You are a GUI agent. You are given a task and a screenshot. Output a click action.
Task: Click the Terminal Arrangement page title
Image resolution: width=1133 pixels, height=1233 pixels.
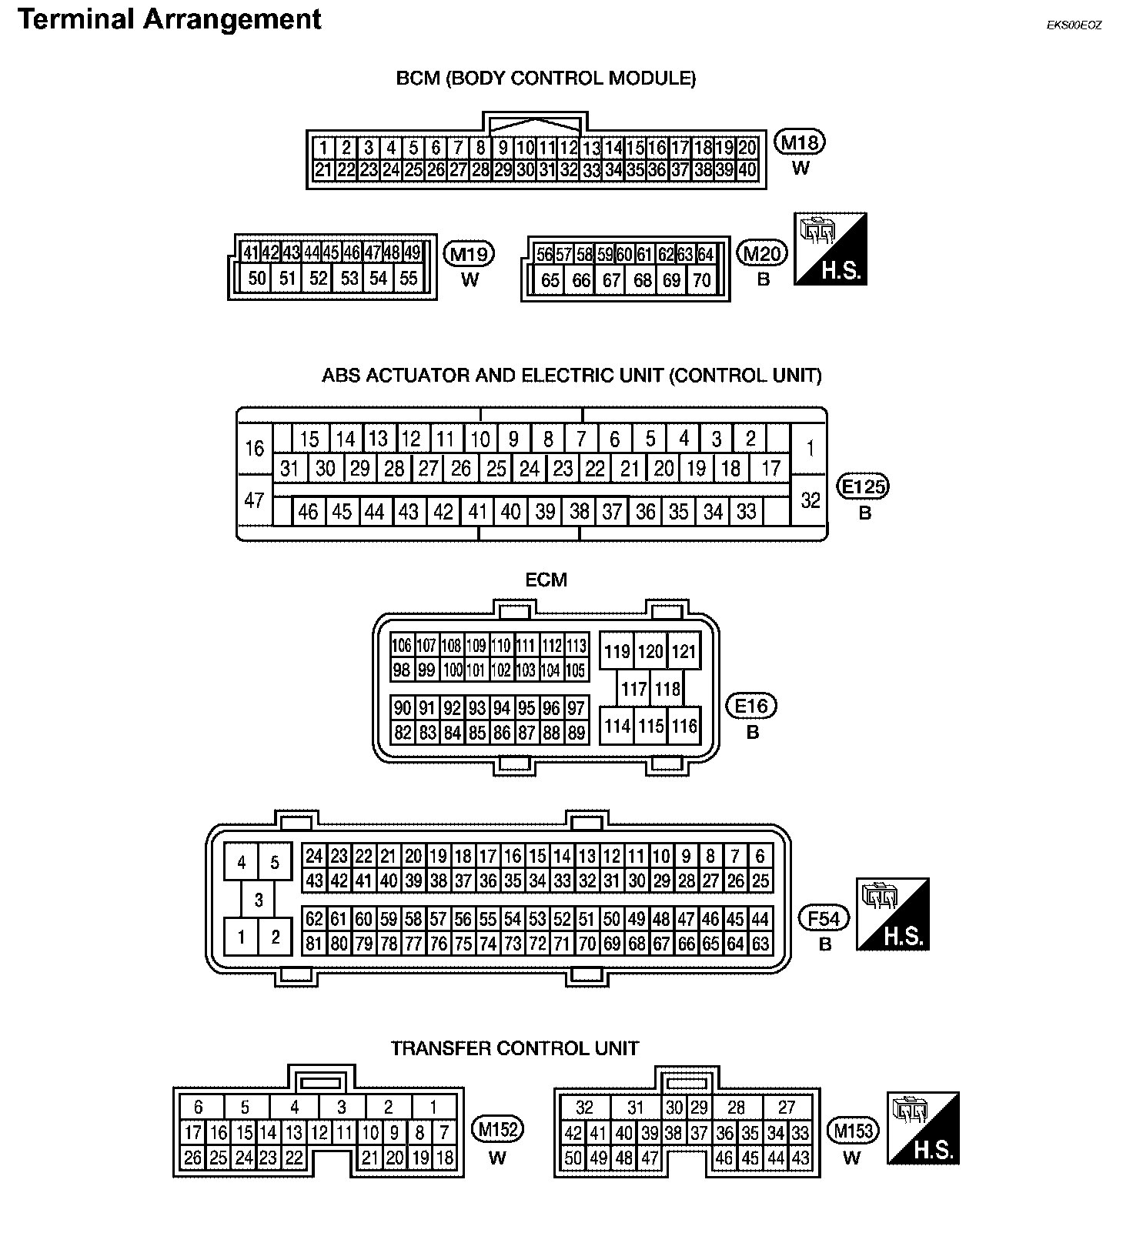point(169,19)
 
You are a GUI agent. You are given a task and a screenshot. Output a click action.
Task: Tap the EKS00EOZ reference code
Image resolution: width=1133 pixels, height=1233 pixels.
point(1074,25)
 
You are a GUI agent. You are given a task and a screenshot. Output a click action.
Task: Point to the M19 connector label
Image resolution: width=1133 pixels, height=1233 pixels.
point(470,254)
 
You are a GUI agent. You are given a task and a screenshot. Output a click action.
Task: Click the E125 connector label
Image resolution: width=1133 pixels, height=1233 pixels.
point(864,486)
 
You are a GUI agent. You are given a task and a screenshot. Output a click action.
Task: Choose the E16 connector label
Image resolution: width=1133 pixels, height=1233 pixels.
point(752,706)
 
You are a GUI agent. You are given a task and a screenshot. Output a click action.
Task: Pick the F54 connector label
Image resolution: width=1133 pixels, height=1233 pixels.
point(824,918)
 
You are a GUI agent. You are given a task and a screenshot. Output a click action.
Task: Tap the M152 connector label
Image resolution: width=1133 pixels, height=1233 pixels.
point(497,1130)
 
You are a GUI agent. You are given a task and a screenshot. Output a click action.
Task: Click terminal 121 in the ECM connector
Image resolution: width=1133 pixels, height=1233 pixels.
point(683,652)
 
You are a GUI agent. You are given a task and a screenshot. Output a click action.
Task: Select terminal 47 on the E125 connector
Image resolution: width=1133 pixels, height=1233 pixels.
point(254,501)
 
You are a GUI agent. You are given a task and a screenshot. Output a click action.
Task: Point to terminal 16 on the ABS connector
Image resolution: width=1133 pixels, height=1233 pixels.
point(254,448)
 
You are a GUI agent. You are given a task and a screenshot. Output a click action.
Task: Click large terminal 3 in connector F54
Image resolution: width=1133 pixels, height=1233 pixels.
point(259,900)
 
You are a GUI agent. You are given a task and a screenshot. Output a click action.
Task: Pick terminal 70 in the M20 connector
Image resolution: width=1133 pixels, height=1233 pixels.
point(701,281)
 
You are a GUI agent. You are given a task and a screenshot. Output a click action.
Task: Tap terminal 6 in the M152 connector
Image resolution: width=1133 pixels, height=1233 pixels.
point(199,1108)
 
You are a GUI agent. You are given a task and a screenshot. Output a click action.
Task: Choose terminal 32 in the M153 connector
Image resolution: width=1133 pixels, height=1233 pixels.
point(584,1108)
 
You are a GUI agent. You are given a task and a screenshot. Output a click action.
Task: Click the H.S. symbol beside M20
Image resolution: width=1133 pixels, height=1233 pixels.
point(831,249)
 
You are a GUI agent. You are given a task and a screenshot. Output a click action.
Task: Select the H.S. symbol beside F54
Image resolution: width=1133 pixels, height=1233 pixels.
point(893,914)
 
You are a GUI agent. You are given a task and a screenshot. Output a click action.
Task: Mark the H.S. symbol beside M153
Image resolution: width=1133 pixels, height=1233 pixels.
point(923,1128)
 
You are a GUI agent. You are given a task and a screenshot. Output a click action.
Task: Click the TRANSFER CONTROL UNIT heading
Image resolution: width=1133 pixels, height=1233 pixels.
point(514,1048)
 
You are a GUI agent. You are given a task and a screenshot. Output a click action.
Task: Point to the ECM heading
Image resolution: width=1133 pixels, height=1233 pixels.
point(546,580)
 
